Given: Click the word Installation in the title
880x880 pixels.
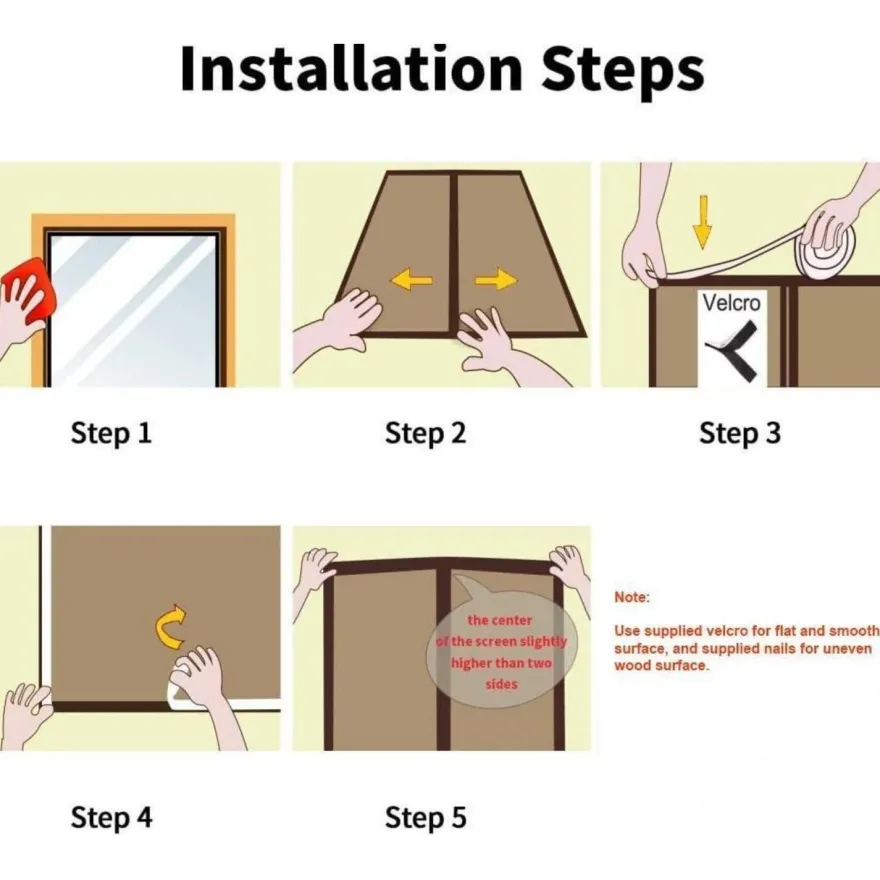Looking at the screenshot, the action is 351,68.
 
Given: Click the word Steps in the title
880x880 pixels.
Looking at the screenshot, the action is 622,73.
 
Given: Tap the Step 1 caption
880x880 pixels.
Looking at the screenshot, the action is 111,434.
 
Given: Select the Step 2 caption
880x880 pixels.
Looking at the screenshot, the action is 425,434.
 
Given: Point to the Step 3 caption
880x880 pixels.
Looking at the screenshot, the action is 740,434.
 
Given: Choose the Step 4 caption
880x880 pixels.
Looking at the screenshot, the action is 111,818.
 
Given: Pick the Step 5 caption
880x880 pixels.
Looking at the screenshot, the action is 425,818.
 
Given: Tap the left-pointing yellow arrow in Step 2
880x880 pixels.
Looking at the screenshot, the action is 411,279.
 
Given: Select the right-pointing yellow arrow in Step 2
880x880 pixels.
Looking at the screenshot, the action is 496,279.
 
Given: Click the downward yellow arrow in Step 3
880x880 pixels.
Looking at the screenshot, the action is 702,222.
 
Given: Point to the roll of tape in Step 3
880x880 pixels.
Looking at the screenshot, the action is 828,254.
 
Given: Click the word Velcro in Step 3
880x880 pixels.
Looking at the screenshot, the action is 731,303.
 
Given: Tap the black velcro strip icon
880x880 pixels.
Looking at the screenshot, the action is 732,351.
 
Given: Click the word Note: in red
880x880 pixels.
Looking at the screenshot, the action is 631,597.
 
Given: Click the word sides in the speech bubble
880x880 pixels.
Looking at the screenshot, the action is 501,684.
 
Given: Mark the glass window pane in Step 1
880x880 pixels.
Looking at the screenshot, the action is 133,310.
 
